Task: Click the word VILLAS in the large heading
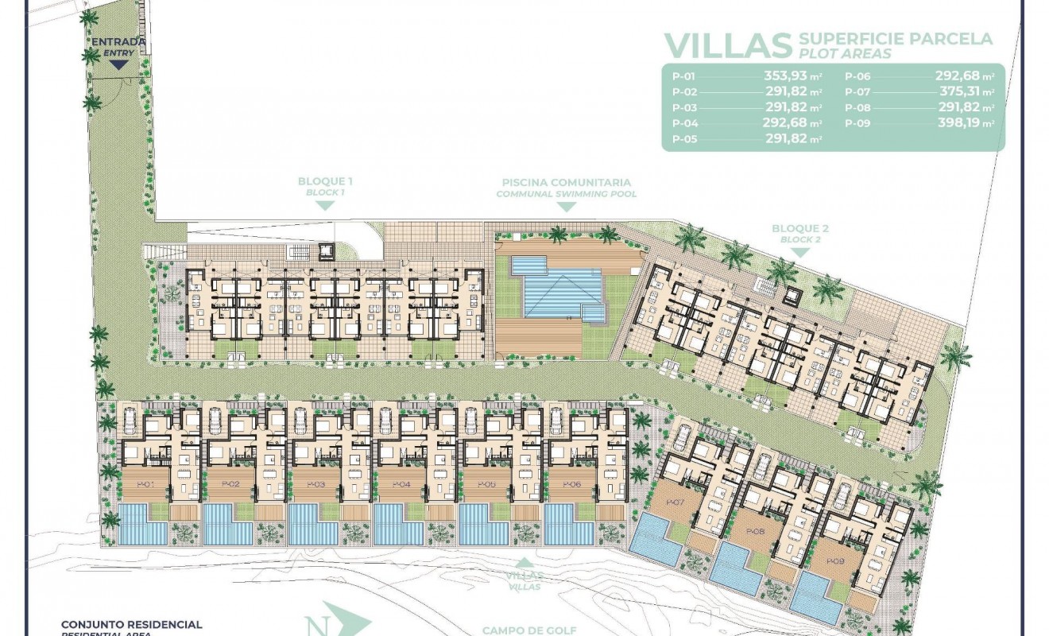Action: [728, 45]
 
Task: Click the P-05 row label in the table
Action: [684, 138]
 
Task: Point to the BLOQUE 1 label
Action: [325, 182]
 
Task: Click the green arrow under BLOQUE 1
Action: [325, 205]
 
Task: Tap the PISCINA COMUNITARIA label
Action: [566, 182]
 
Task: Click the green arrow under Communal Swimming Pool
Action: [566, 207]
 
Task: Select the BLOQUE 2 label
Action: [800, 229]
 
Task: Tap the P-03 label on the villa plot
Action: [315, 483]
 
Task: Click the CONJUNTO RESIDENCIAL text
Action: [132, 626]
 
